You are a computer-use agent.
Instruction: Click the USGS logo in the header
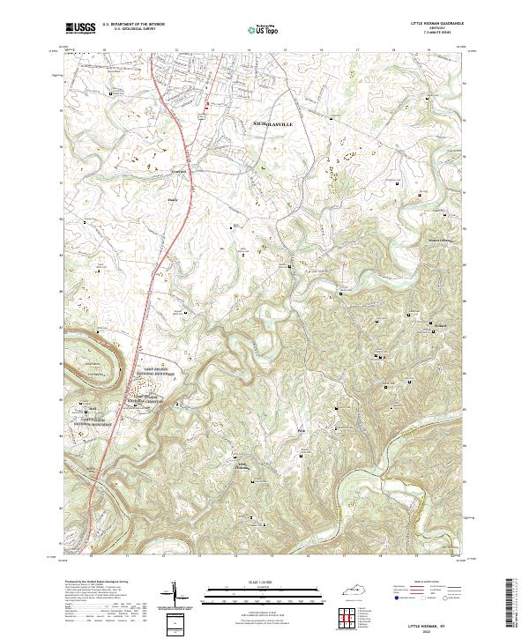pos(80,28)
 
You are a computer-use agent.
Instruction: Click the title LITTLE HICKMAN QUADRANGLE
pos(437,23)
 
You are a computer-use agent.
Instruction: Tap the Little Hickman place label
pos(242,466)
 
